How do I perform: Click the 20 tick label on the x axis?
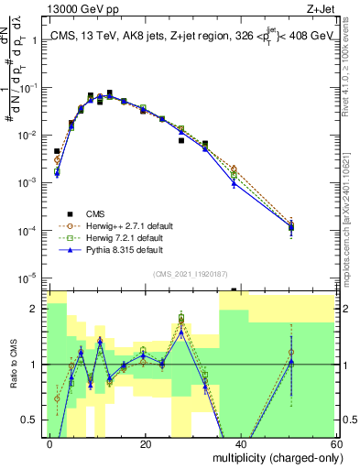[145, 443]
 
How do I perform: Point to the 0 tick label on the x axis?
[50, 443]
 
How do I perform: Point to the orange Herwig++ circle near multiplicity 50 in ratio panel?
[291, 352]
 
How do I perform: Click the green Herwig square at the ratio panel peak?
[181, 318]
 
